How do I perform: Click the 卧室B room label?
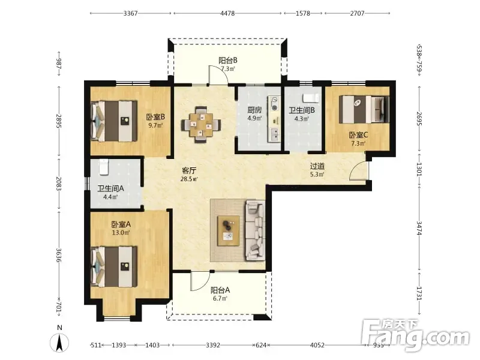pos(155,116)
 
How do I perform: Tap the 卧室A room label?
pos(121,224)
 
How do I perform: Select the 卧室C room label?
pos(358,135)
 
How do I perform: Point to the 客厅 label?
pos(189,170)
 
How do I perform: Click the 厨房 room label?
pos(254,110)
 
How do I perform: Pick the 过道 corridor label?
pos(317,166)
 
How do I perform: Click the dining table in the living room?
pos(201,125)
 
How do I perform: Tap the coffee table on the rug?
pos(228,231)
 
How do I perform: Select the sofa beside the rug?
pos(254,230)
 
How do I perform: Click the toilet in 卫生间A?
pos(104,167)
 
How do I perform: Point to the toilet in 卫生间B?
pos(310,98)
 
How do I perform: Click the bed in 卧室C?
pos(364,110)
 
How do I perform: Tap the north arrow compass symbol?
pos(59,342)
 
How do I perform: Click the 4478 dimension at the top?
pos(227,13)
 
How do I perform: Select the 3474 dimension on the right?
pos(419,228)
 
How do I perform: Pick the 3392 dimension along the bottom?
pos(213,345)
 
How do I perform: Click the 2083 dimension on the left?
pos(59,184)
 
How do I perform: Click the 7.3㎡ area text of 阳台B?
pos(228,69)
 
